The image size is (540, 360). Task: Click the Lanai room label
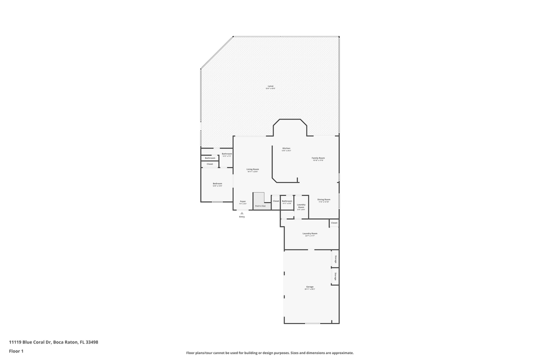coord(270,86)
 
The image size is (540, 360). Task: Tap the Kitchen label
coord(286,148)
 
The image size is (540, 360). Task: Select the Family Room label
coord(318,157)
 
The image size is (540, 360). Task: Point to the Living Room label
coord(252,169)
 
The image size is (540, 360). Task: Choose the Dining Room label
coord(324,199)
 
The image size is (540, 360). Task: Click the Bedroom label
coord(217,183)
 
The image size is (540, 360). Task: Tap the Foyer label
coord(242,201)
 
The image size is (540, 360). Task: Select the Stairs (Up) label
coord(260,205)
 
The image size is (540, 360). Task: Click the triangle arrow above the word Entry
coord(242,213)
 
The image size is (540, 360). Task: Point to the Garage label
coord(310,286)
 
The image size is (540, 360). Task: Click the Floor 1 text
coord(16,351)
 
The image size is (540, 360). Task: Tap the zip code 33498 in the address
coord(92,342)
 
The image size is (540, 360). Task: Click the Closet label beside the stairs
coord(275,201)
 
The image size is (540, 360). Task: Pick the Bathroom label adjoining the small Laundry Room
coord(286,201)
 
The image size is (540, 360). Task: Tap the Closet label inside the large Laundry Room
coord(334,222)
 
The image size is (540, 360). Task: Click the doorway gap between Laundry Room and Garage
coord(311,249)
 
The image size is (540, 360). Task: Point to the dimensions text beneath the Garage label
coord(310,289)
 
